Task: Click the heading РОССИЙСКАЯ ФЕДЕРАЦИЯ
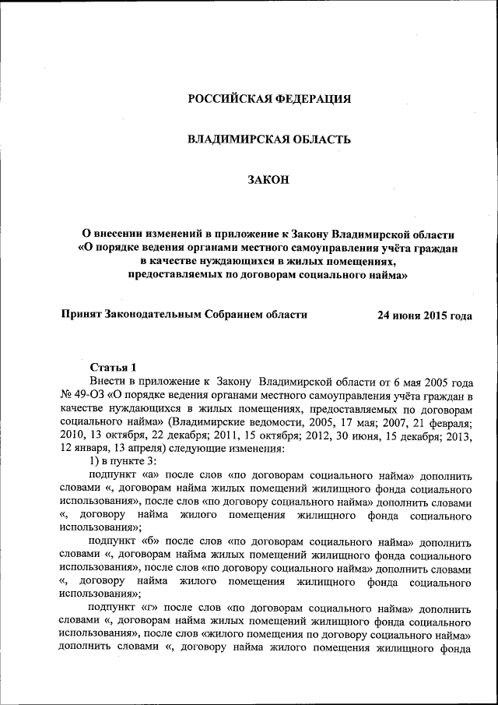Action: click(x=269, y=99)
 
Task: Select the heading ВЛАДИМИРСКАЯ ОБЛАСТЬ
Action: click(x=269, y=139)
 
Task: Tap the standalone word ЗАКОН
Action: click(x=268, y=180)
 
